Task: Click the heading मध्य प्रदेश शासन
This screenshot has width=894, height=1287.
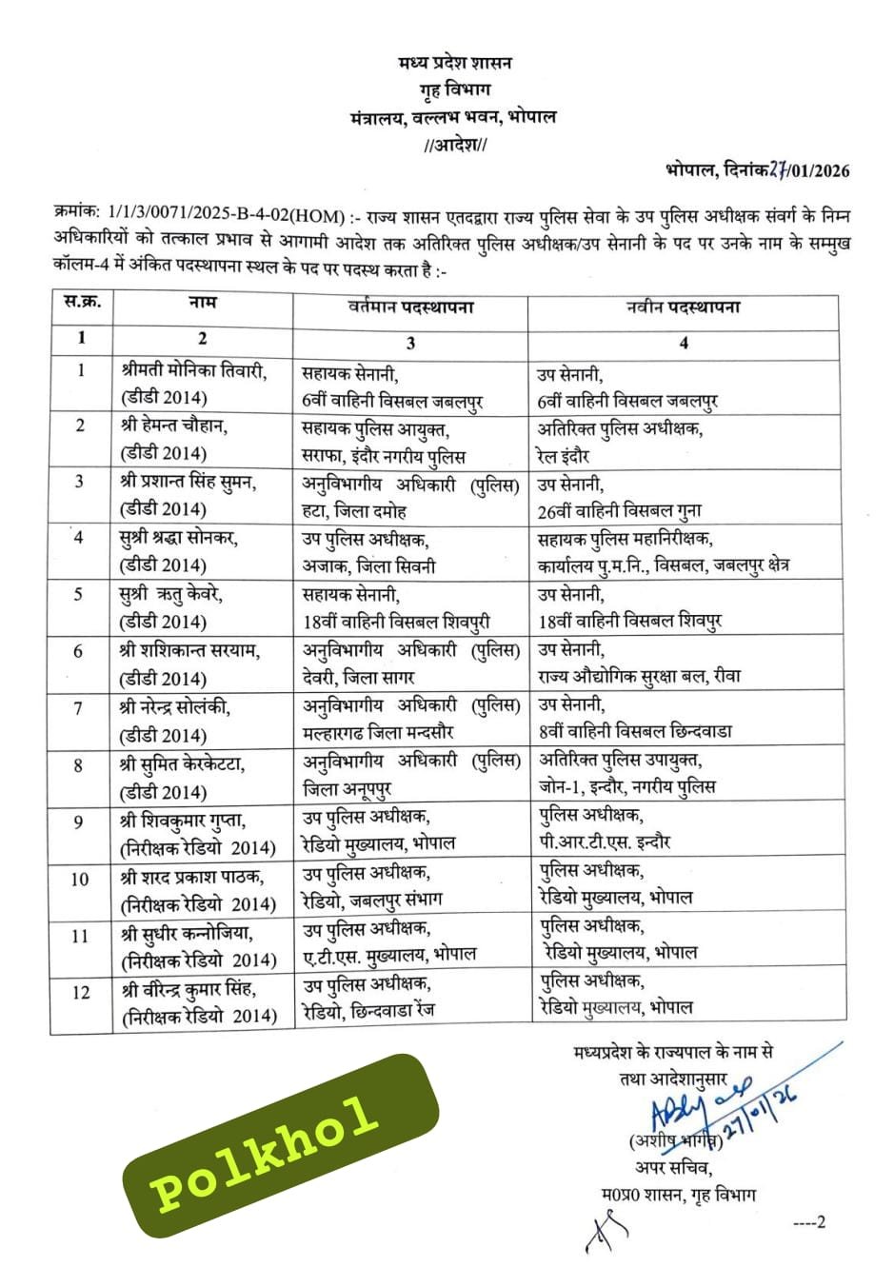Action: point(454,63)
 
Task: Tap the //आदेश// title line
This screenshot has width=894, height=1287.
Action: point(454,146)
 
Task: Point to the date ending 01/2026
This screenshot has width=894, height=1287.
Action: point(758,171)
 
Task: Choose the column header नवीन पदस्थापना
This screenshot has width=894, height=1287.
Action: point(683,307)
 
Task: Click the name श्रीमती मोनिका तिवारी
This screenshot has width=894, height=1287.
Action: point(194,371)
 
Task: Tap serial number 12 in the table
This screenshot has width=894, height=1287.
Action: point(81,992)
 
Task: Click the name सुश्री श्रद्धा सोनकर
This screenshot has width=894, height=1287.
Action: point(179,538)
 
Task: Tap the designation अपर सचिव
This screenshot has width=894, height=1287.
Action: point(673,1168)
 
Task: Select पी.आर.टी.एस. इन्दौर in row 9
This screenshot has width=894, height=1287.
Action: point(605,842)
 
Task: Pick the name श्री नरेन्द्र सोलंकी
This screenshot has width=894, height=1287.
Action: point(175,708)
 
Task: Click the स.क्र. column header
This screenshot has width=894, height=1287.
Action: point(82,304)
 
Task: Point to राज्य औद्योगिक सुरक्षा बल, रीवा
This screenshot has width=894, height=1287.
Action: point(639,677)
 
